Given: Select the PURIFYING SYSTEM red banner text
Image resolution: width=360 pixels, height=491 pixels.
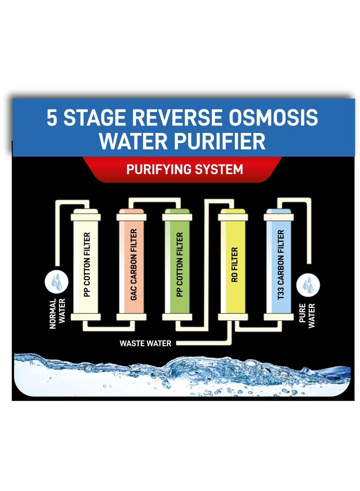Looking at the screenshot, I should pyautogui.click(x=185, y=169).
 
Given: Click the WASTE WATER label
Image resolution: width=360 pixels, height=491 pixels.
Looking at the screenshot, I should pyautogui.click(x=145, y=343).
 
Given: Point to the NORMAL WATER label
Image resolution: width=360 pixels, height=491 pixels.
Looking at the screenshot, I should pyautogui.click(x=58, y=313).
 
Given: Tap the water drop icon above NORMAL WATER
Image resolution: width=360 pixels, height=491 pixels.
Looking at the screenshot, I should pyautogui.click(x=57, y=282).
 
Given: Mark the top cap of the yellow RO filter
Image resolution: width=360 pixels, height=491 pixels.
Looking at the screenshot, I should pyautogui.click(x=233, y=217).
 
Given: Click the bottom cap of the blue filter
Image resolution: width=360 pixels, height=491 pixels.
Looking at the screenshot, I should pyautogui.click(x=278, y=317).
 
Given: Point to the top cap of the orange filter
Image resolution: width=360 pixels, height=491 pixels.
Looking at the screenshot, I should pyautogui.click(x=132, y=217).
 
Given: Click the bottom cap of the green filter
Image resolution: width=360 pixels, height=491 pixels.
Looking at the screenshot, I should pyautogui.click(x=177, y=317).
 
